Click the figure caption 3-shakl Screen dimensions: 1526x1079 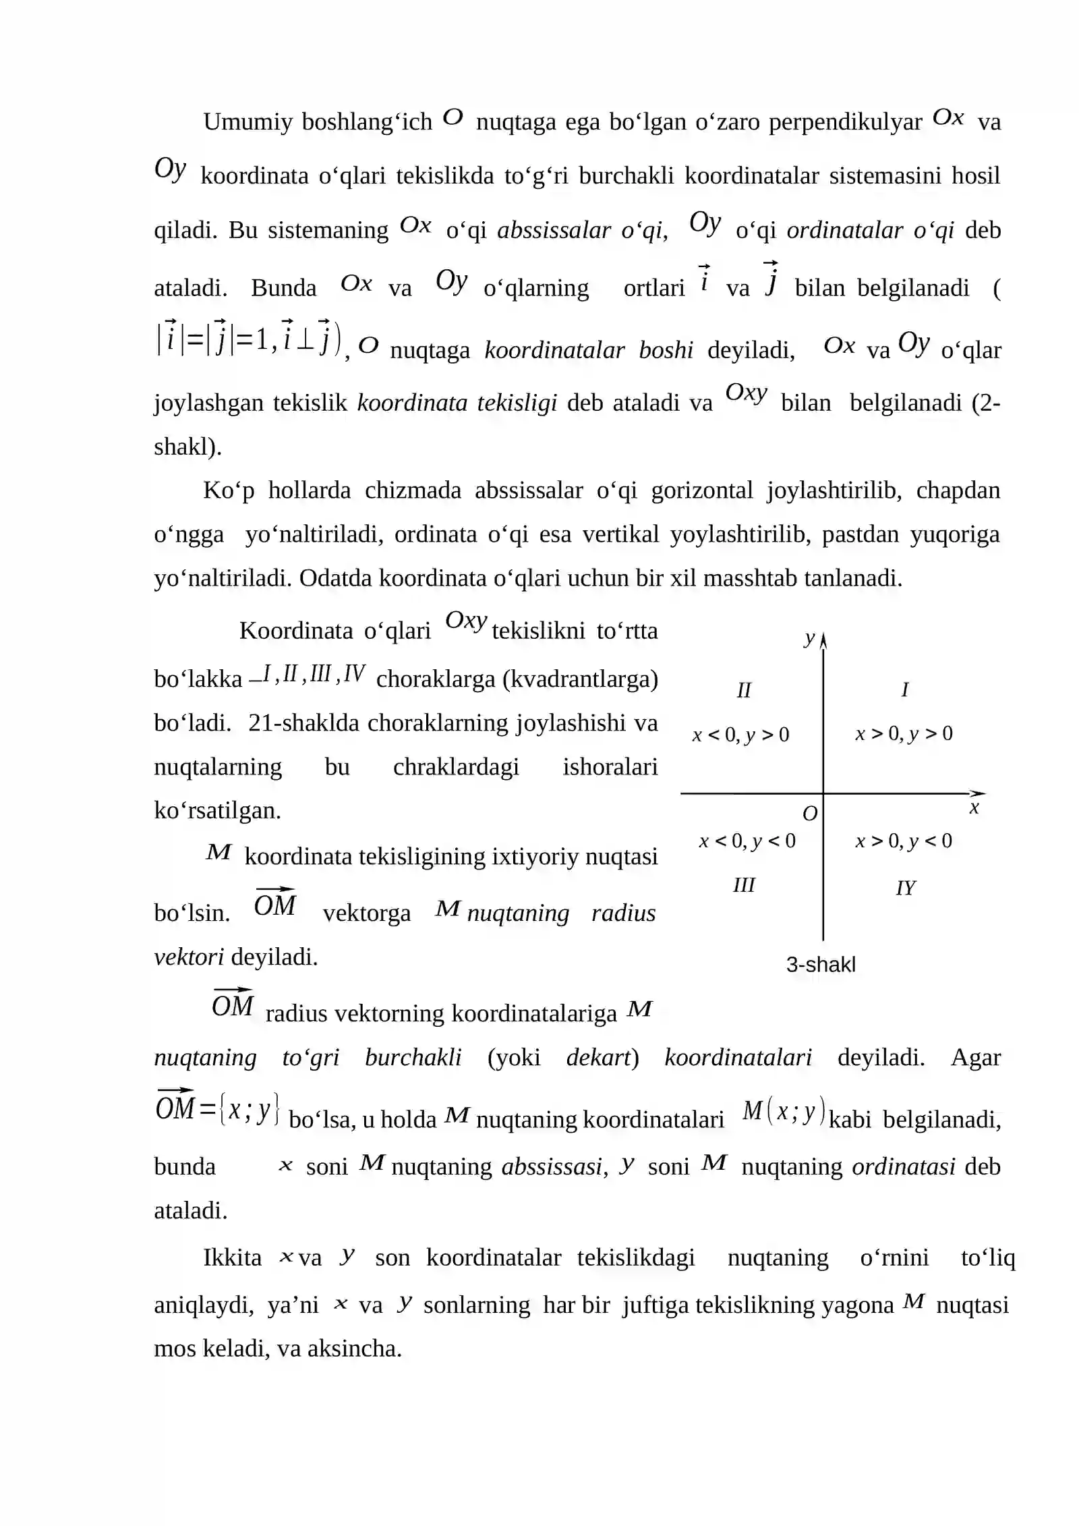point(820,965)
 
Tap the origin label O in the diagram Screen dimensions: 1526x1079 point(810,814)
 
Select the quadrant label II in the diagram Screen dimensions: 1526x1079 point(743,690)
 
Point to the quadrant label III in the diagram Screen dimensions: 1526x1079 point(744,885)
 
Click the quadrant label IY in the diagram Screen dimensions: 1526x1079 point(905,888)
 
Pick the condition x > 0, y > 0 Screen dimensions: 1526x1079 point(904,733)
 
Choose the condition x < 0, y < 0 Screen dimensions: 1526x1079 point(747,841)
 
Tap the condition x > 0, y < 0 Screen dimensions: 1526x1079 point(904,841)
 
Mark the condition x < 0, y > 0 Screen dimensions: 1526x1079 point(740,734)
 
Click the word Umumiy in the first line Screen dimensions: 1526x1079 point(247,122)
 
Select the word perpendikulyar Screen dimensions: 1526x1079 point(845,122)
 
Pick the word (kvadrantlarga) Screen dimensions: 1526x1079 point(581,679)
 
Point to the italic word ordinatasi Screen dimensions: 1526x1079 point(903,1166)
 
